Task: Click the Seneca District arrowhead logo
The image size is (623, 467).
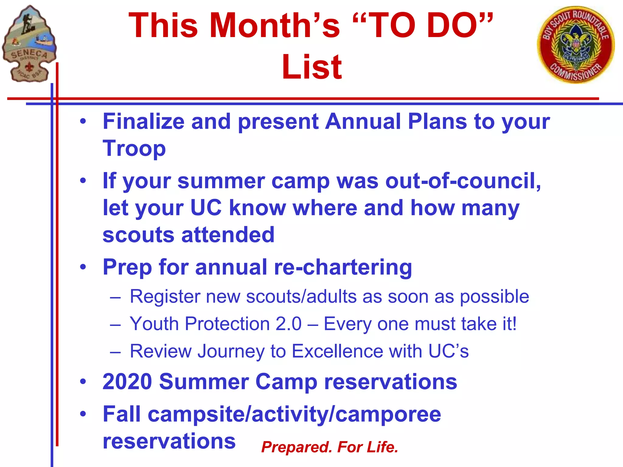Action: [29, 44]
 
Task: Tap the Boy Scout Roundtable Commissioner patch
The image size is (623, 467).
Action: [576, 45]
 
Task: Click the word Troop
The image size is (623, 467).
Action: [134, 149]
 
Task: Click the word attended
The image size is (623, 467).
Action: [228, 235]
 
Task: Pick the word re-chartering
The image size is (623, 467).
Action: [343, 267]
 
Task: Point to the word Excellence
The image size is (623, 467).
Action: [337, 351]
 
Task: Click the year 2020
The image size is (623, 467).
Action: [127, 382]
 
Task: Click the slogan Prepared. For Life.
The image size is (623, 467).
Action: [329, 447]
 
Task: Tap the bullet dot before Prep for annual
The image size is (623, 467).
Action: [83, 267]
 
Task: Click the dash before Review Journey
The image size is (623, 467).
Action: [116, 352]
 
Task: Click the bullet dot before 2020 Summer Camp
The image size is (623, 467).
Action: [83, 382]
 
